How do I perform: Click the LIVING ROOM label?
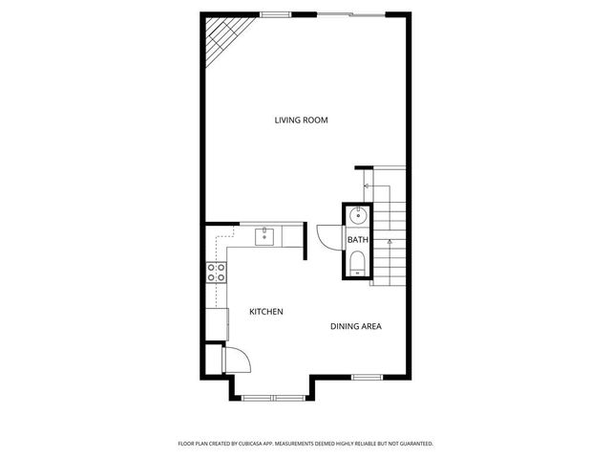302,120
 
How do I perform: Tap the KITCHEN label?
266,313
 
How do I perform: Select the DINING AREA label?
356,327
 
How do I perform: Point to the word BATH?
357,240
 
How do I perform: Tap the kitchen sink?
264,234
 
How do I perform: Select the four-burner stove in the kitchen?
217,273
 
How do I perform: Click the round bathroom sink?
356,215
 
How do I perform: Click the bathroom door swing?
329,235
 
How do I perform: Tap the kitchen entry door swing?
237,359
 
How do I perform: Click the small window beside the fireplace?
276,14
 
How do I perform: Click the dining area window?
367,378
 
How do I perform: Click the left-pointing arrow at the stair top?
365,184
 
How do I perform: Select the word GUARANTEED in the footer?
411,444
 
